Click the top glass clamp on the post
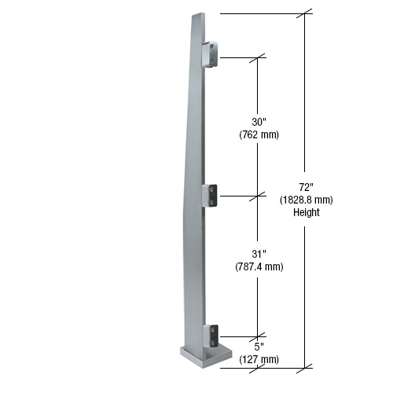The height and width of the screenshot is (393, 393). [x=211, y=55]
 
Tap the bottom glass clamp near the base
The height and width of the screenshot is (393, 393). [x=211, y=336]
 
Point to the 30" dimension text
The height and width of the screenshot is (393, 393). [x=259, y=122]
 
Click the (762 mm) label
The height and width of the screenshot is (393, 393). [x=259, y=134]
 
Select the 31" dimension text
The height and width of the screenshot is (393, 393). [x=259, y=254]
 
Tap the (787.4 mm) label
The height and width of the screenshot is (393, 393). [x=259, y=266]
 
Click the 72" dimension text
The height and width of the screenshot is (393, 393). [x=307, y=187]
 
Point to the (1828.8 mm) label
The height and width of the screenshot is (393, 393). [x=307, y=200]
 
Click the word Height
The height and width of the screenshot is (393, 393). [x=307, y=212]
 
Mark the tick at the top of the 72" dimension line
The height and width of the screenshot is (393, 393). [x=306, y=13]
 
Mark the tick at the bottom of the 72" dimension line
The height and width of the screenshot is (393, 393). [x=306, y=366]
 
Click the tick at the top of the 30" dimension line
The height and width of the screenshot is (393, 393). [x=259, y=57]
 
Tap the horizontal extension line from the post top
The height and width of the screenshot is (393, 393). [x=259, y=13]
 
